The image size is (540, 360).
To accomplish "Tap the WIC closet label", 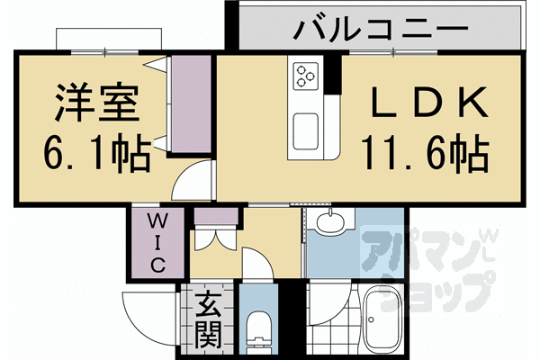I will coord(154,241).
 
